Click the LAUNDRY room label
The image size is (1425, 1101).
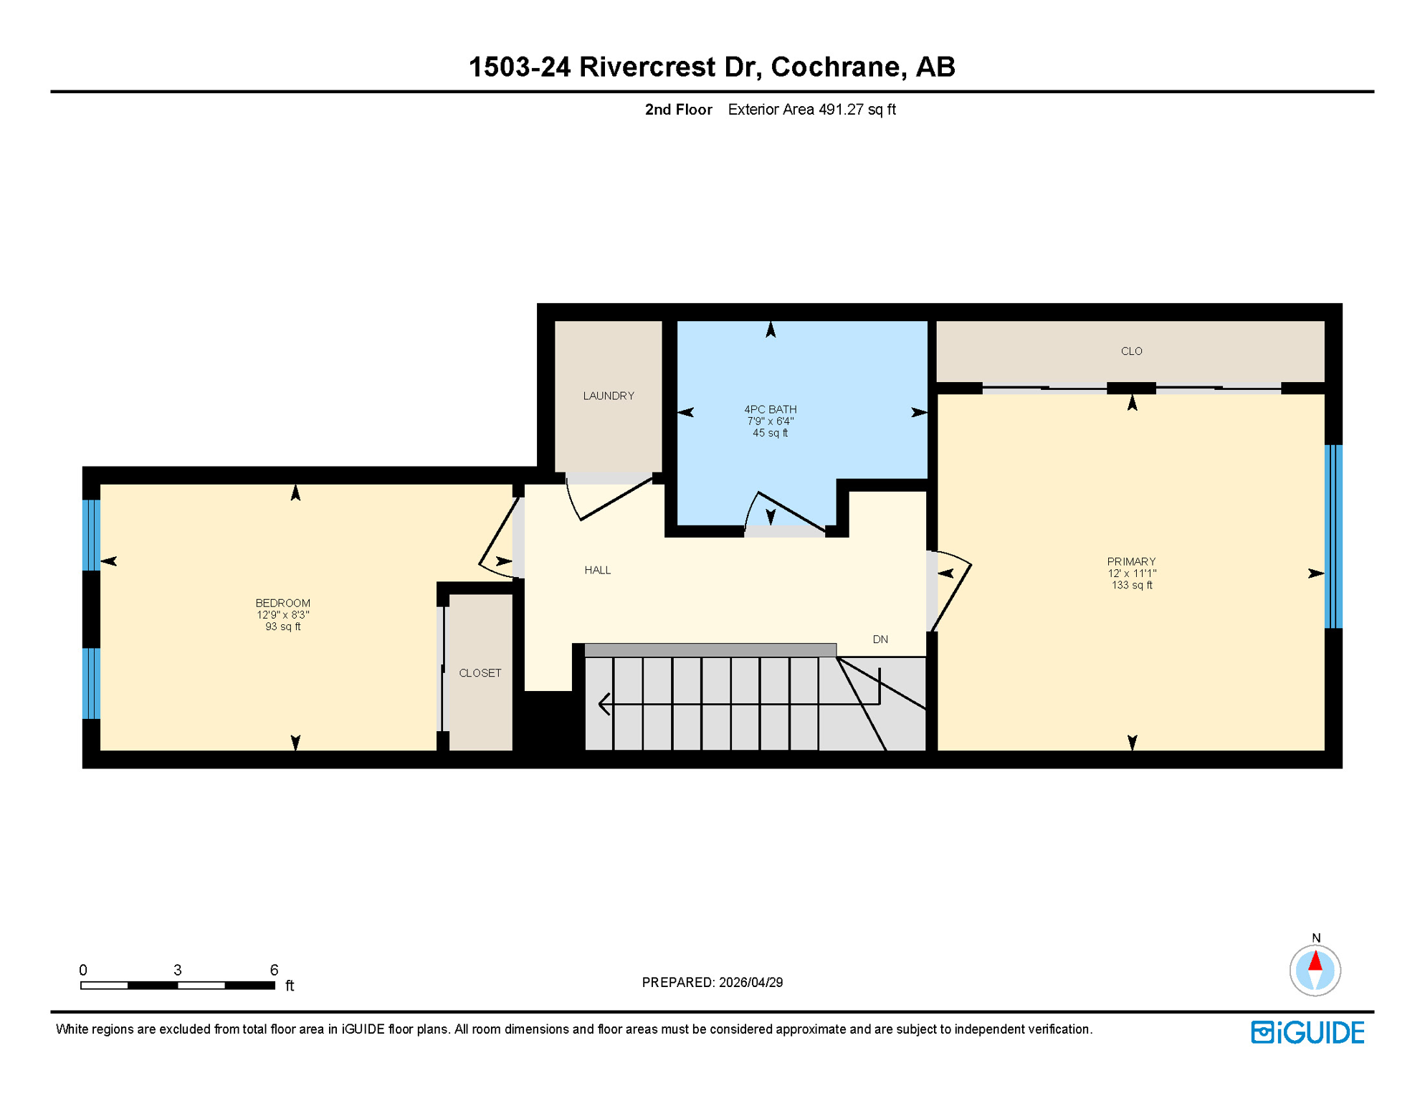(x=608, y=396)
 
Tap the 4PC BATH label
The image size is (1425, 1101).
(x=770, y=409)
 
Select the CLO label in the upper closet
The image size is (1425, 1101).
(x=1131, y=351)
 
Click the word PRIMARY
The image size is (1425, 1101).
(x=1131, y=561)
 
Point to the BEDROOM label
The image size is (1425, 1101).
(x=282, y=603)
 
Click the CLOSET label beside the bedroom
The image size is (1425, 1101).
(x=480, y=673)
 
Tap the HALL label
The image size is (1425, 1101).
(x=597, y=570)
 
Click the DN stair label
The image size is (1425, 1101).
(x=880, y=639)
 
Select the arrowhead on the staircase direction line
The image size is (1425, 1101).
(x=604, y=704)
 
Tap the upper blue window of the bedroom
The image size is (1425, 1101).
(x=91, y=535)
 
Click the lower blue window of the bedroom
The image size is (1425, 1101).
(x=91, y=683)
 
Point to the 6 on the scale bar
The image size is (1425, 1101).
(x=274, y=970)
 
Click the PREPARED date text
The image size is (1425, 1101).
(x=712, y=982)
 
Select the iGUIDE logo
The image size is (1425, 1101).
(x=1307, y=1032)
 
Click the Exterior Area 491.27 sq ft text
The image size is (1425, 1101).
(x=811, y=110)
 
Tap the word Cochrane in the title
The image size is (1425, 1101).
(x=836, y=67)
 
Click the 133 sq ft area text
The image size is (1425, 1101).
(x=1131, y=585)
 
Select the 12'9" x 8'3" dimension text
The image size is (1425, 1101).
(x=282, y=615)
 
